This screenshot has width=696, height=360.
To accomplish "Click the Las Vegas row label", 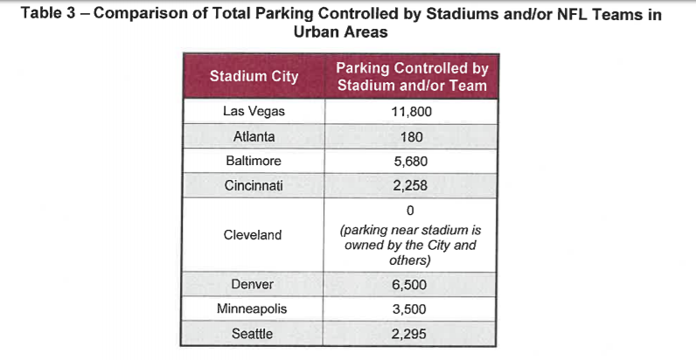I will tap(254, 112).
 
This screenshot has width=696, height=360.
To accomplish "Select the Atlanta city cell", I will tap(254, 137).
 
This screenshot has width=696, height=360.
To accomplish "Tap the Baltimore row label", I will tap(254, 162).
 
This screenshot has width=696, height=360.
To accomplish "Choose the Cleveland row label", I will tap(254, 235).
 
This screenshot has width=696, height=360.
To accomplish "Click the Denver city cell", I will tap(254, 285).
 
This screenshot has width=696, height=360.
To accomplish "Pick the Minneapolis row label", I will tap(254, 309).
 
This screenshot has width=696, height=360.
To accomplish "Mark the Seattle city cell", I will tap(254, 334).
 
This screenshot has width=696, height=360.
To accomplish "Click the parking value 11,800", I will tap(412, 112).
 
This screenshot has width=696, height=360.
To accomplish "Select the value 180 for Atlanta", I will tap(412, 137).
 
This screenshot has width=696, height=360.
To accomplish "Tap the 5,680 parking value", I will tap(412, 162).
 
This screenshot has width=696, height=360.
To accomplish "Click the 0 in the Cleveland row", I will tap(412, 211).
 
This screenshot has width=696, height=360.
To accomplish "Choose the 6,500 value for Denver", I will tap(412, 285).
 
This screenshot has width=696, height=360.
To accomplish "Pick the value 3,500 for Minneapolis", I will tap(412, 309).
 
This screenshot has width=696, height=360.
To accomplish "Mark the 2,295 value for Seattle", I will tap(412, 334).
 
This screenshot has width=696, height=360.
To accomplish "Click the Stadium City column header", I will tap(254, 76).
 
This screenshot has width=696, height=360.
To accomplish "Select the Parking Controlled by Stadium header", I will tap(412, 76).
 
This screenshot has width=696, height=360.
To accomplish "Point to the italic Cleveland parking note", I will tap(412, 246).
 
